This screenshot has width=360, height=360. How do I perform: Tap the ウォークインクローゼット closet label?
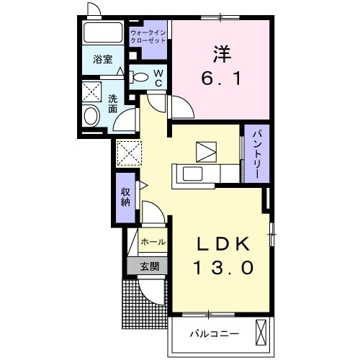click(148, 37)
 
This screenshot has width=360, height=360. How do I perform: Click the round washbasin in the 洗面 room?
click(91, 115)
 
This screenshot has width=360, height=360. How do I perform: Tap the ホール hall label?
click(153, 242)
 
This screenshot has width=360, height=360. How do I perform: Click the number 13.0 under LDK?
click(223, 269)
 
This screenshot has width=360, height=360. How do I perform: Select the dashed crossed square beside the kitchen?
click(127, 153)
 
